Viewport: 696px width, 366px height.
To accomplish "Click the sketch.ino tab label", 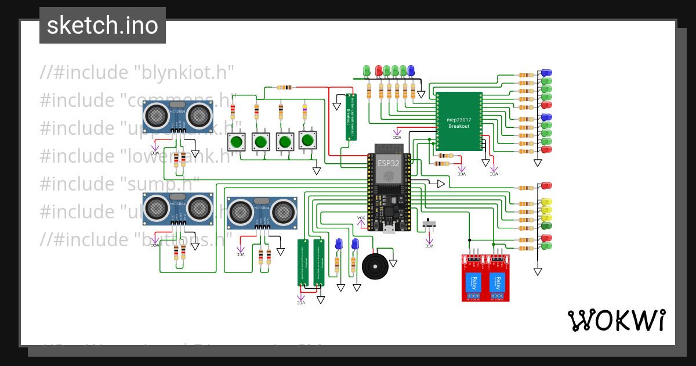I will (x=103, y=26).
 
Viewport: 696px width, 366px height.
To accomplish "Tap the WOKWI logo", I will (x=616, y=320).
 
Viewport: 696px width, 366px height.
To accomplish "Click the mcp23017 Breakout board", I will (x=459, y=121).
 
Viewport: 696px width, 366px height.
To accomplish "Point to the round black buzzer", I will (x=376, y=267).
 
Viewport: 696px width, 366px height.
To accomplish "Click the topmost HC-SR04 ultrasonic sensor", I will (x=179, y=116).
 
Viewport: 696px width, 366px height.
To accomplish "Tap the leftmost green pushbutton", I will (x=236, y=141).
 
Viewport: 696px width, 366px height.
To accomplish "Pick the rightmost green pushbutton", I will (x=307, y=140).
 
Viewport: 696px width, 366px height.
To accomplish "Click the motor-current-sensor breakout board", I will (x=350, y=117).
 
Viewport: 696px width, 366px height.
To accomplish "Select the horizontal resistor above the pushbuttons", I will (x=285, y=88).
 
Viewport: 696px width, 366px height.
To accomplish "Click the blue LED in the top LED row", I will (x=411, y=70).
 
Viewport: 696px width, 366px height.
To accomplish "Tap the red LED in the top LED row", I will (x=379, y=70).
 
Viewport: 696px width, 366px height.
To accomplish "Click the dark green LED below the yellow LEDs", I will (x=546, y=225).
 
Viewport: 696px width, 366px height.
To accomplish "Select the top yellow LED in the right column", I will (x=546, y=203).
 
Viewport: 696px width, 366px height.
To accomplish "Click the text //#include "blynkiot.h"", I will (x=137, y=73).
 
